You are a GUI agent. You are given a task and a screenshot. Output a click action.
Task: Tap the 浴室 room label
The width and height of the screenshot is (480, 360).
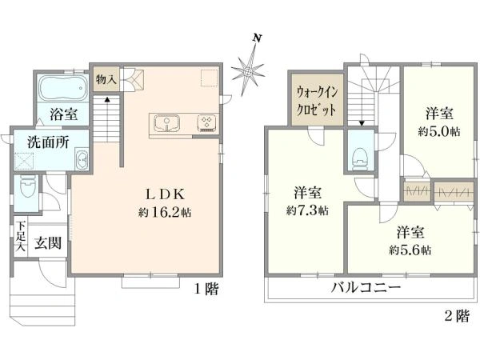(x=63, y=114)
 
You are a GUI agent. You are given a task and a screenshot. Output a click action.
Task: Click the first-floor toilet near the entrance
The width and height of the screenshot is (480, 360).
(x=28, y=189)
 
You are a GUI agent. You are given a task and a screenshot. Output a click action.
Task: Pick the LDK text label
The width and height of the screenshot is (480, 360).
(x=165, y=194)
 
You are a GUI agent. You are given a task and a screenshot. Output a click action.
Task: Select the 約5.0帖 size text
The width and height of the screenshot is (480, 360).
(x=438, y=130)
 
